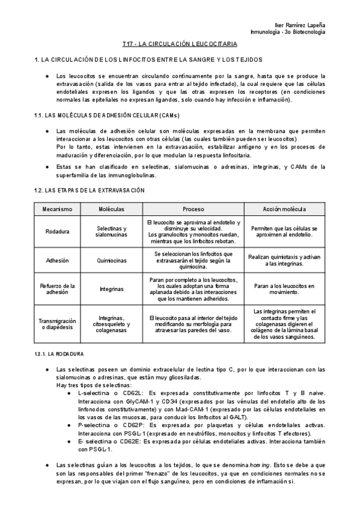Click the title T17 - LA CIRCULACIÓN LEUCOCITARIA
180,45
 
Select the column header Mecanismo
57,209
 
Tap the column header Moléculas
112,209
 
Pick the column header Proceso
194,209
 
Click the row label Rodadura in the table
57,232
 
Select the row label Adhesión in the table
57,260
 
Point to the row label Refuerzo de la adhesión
57,289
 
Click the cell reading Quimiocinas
112,260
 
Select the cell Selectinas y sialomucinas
112,232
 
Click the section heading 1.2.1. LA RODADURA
59,354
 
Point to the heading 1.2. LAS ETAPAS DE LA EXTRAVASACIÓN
90,190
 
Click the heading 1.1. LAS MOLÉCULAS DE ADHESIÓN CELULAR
99,115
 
